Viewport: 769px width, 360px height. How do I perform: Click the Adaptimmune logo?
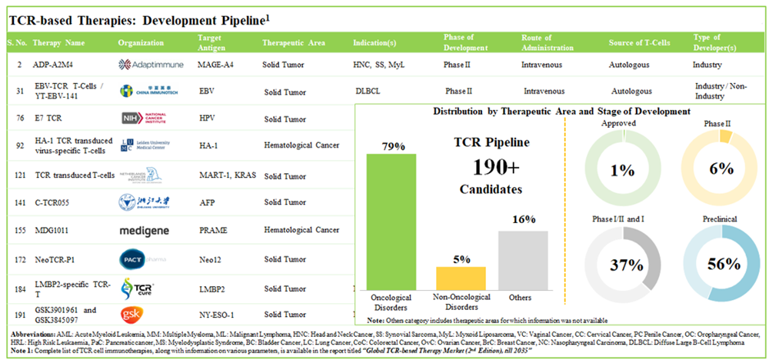151,65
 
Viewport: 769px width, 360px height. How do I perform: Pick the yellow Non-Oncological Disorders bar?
457,277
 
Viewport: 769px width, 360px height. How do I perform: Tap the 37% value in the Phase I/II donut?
625,265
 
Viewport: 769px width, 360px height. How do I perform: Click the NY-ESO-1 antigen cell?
217,315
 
